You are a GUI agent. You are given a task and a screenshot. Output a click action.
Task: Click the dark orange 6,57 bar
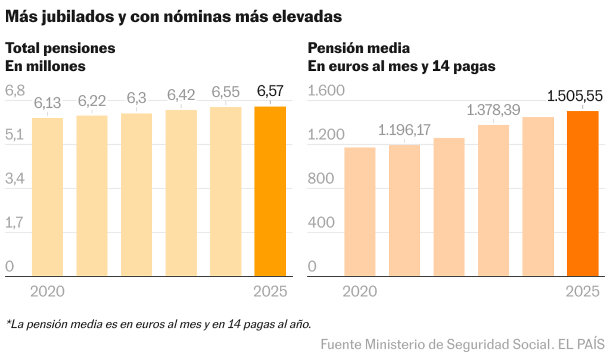coord(270,191)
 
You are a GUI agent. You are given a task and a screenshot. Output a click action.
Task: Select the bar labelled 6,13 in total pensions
coord(48,197)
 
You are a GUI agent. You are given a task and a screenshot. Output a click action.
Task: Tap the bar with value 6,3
coord(136,195)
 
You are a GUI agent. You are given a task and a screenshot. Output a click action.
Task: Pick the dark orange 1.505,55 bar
coord(582,194)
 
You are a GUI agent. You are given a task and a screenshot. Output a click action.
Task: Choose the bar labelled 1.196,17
coord(404,211)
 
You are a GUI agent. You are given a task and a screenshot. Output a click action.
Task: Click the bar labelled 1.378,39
coord(493,201)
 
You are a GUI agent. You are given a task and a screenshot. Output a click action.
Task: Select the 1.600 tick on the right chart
coord(326,91)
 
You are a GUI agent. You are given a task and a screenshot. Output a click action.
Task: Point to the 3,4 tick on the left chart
coord(15,179)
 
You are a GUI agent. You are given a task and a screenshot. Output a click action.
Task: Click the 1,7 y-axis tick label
coord(14,223)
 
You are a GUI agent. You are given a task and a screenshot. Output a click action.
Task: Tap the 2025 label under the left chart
coord(270,291)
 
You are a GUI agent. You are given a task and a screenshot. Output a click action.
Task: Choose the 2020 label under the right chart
coord(360,291)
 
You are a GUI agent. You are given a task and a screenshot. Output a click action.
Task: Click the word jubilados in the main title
coord(77,17)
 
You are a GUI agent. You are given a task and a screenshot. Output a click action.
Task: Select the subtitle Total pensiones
coord(60,48)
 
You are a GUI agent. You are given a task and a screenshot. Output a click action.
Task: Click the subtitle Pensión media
coord(359,48)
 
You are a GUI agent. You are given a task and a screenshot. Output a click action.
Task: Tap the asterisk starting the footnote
coord(8,323)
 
